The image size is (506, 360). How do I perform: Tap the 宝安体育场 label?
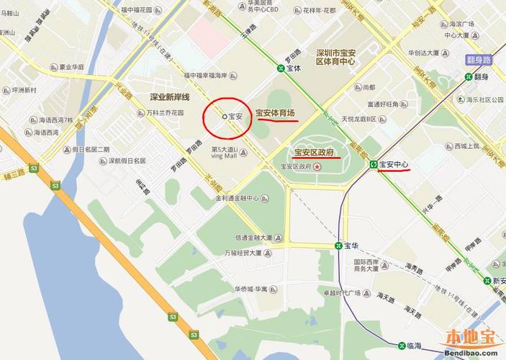click(275, 113)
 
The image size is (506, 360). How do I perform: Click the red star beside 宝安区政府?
click(318, 166)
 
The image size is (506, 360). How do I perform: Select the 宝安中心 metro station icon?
click(374, 165)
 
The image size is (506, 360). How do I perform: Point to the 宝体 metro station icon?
click(279, 69)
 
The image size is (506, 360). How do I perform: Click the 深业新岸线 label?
click(169, 96)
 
